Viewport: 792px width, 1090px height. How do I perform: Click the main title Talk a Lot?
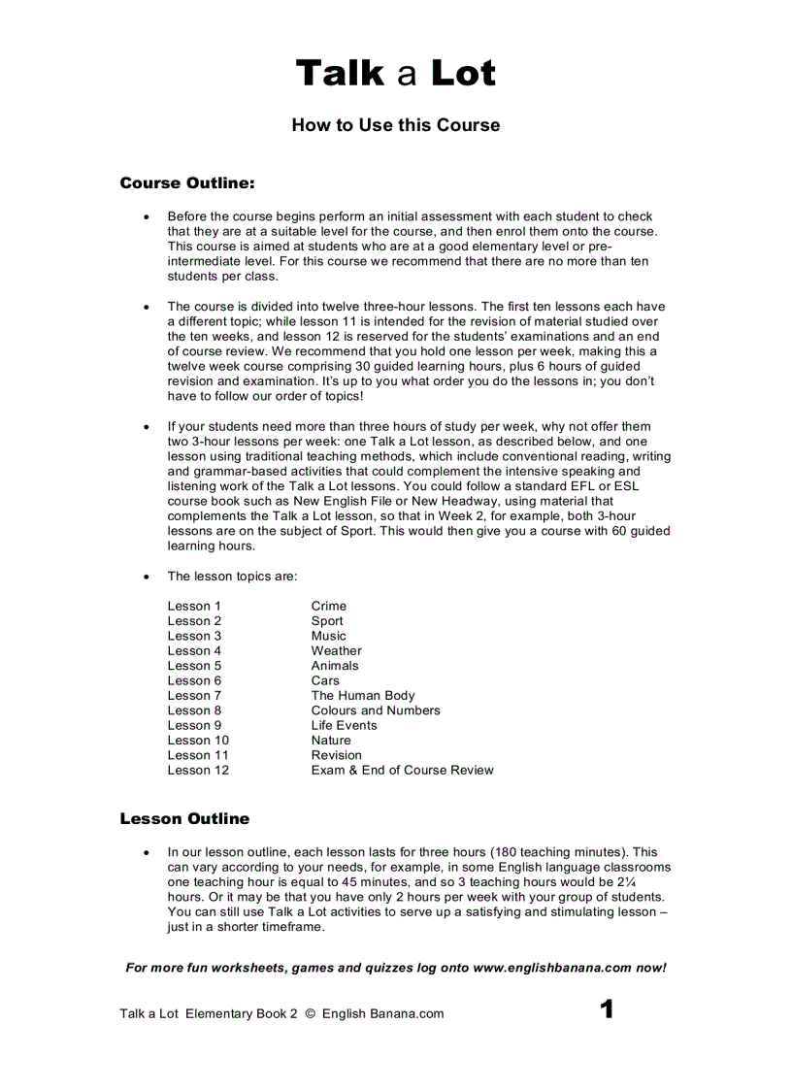pos(395,74)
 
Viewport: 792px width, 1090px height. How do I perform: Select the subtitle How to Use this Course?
pos(396,125)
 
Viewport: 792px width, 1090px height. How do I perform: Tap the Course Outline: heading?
pos(187,182)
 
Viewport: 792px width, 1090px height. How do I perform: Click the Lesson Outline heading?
pos(184,819)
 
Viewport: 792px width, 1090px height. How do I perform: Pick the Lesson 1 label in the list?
pos(194,607)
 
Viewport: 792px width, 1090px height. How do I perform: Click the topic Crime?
pos(329,607)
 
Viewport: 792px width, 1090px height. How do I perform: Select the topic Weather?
pos(337,651)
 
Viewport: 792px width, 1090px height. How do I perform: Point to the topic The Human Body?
pos(363,696)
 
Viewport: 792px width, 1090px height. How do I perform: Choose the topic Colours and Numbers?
pos(376,710)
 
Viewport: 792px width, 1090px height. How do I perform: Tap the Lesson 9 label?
pos(194,725)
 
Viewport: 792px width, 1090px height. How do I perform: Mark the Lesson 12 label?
pos(198,771)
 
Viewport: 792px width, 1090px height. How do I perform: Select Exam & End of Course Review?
pos(402,771)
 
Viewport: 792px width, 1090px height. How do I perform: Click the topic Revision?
pos(337,755)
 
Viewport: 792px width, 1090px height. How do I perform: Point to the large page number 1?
pos(607,1010)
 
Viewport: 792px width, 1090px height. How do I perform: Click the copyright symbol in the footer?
pos(311,1014)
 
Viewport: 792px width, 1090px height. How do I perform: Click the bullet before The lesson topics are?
pos(147,577)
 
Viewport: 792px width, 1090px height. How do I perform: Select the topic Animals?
pos(335,666)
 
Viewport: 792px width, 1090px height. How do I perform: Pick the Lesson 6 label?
pos(194,681)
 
